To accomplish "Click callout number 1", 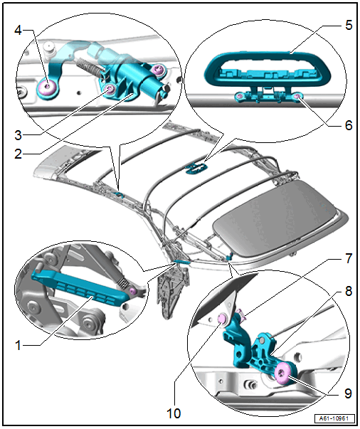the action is [18, 345].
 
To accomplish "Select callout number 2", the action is [18, 154].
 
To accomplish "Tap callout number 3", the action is [18, 135].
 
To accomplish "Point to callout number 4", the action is [18, 30].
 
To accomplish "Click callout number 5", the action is [349, 25].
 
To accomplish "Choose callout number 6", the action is [349, 125].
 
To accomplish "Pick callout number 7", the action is [349, 258].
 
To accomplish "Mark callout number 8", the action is [349, 291].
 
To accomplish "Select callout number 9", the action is [348, 393].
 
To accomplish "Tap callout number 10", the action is [174, 413].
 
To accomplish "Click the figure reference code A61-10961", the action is [334, 418].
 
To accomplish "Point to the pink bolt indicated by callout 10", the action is [221, 319].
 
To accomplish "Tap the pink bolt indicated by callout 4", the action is [48, 87].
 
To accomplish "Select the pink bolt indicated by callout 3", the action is [110, 88].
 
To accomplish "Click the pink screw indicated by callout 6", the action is [297, 96].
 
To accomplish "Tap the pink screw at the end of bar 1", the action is [132, 291].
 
